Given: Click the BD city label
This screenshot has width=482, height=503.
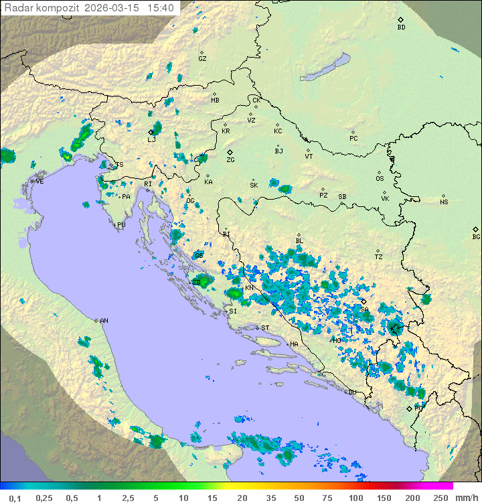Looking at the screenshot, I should [x=401, y=27].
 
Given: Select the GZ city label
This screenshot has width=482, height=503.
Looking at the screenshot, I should [x=202, y=58].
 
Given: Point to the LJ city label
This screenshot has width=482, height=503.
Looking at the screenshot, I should [x=151, y=139].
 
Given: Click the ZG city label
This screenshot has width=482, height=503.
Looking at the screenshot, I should [x=230, y=160].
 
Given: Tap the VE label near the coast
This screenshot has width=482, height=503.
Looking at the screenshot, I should [x=39, y=182].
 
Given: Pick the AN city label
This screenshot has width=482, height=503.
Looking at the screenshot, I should [x=104, y=321].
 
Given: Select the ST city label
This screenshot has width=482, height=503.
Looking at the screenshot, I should [x=265, y=328].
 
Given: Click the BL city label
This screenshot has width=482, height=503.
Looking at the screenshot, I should [x=299, y=241].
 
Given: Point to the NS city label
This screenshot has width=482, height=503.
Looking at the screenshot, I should [x=444, y=202].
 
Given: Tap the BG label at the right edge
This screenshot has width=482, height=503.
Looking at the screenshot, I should [x=476, y=236].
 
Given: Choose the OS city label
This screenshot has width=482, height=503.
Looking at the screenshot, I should [x=380, y=179].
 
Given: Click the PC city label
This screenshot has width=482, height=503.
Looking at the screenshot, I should [x=353, y=139].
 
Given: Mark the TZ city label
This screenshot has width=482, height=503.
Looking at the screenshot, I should [x=379, y=257].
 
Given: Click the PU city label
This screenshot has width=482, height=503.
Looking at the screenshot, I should [x=121, y=226].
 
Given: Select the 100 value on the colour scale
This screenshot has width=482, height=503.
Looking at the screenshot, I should [x=355, y=498].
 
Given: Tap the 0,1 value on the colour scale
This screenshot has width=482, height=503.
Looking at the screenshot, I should [x=15, y=498].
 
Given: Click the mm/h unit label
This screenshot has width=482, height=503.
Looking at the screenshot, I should [x=466, y=498].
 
